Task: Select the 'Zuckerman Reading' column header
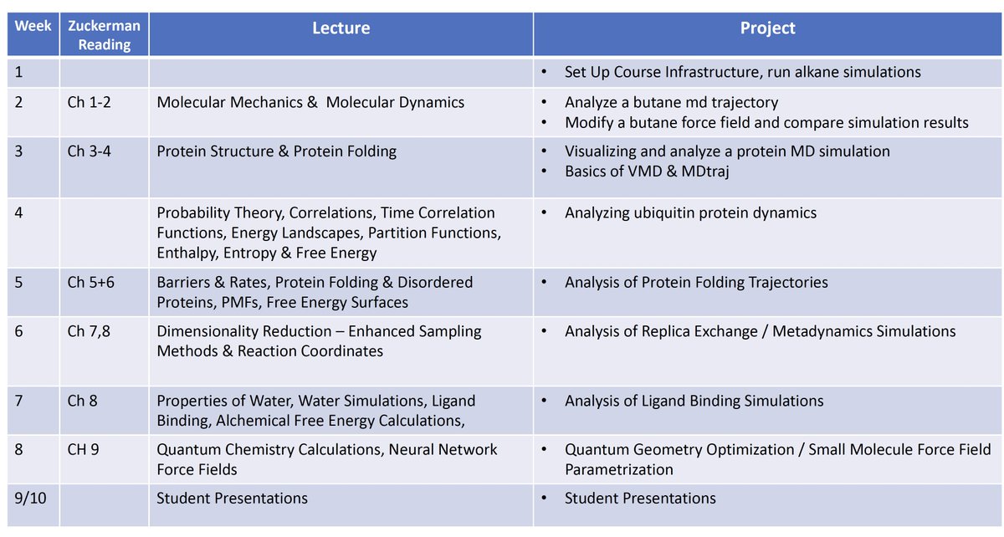pyautogui.click(x=104, y=34)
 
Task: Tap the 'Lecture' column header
pyautogui.click(x=341, y=28)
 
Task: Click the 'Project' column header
pyautogui.click(x=767, y=28)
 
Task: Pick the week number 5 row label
pyautogui.click(x=20, y=282)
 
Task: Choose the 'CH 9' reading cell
pyautogui.click(x=84, y=450)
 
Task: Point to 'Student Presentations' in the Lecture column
pyautogui.click(x=232, y=498)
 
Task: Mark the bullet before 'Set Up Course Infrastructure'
pyautogui.click(x=546, y=73)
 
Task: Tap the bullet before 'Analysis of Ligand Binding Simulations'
pyautogui.click(x=546, y=401)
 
